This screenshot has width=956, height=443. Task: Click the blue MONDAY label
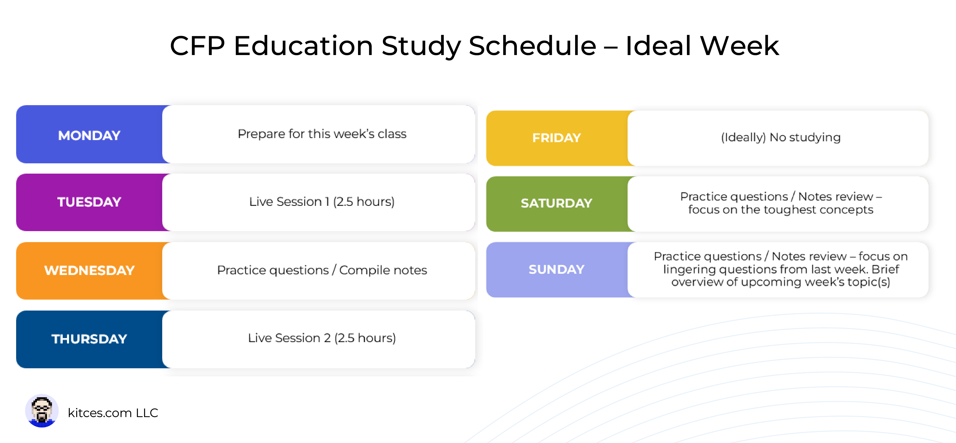(89, 135)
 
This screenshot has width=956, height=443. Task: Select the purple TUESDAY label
(89, 202)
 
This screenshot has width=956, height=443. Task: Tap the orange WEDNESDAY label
(89, 270)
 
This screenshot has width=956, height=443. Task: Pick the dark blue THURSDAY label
(89, 339)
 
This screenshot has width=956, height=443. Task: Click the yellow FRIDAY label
(556, 138)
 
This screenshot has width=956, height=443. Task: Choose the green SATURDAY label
(556, 203)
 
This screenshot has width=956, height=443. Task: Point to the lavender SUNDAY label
(556, 270)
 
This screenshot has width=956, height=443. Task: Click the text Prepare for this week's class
(322, 134)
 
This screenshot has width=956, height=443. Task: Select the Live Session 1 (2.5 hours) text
(322, 202)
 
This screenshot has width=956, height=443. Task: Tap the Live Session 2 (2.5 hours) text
(322, 338)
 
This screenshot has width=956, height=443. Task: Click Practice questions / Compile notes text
(322, 270)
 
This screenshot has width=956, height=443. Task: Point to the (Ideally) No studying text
(781, 137)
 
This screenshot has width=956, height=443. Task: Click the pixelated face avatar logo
(42, 411)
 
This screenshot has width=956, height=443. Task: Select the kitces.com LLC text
(113, 413)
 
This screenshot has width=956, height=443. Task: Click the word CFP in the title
(197, 46)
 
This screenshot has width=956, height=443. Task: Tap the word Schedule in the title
(532, 46)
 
